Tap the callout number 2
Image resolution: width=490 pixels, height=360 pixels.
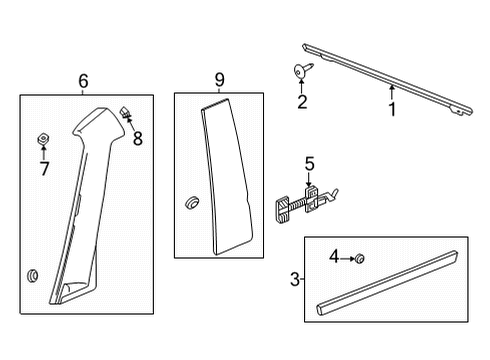[302, 101]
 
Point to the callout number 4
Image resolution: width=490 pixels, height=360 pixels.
[336, 258]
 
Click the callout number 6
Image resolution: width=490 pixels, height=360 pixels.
[83, 81]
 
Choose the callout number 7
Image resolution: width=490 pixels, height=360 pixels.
[44, 169]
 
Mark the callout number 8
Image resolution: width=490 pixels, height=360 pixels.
[138, 139]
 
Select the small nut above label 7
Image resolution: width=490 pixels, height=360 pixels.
[44, 136]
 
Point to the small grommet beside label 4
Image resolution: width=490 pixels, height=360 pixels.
[359, 259]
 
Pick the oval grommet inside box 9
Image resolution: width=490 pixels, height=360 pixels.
[189, 205]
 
